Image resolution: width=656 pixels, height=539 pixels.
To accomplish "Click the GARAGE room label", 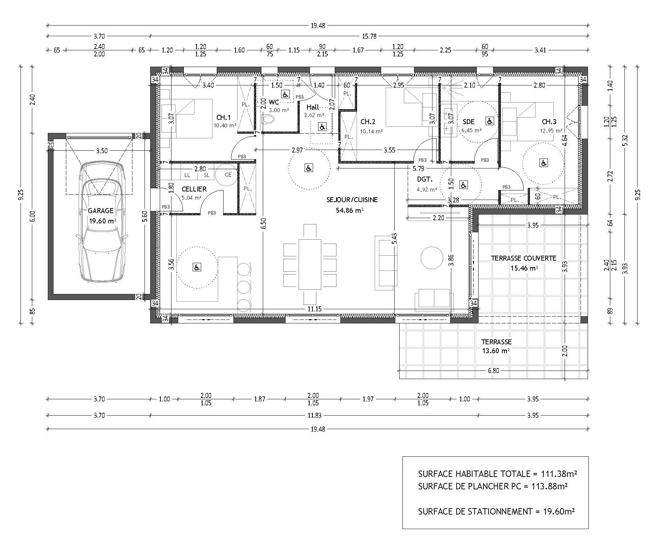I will (101, 211).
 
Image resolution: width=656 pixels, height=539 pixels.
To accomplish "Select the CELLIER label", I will (194, 189).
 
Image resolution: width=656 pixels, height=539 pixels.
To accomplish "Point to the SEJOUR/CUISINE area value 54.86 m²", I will (350, 210).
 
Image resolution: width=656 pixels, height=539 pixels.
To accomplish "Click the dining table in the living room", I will (310, 264).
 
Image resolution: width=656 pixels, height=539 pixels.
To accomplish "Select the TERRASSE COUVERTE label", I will (523, 259).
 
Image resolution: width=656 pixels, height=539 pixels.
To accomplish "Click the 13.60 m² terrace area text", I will (496, 351).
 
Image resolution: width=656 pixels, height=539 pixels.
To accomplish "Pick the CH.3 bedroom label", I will (549, 122).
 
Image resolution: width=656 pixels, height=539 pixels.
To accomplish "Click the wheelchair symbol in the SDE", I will (490, 122).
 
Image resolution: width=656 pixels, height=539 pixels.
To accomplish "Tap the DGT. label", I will (425, 180).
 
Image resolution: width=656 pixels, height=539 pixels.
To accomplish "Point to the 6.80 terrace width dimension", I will (493, 371).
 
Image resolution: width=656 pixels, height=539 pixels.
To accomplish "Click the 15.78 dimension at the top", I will (369, 36).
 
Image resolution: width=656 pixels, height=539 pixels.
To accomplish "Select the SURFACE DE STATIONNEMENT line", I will (496, 511).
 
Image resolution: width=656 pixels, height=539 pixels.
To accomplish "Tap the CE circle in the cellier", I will (228, 175).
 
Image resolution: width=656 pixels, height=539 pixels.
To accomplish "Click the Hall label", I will (313, 107).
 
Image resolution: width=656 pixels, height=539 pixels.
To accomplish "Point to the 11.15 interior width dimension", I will (314, 309).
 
